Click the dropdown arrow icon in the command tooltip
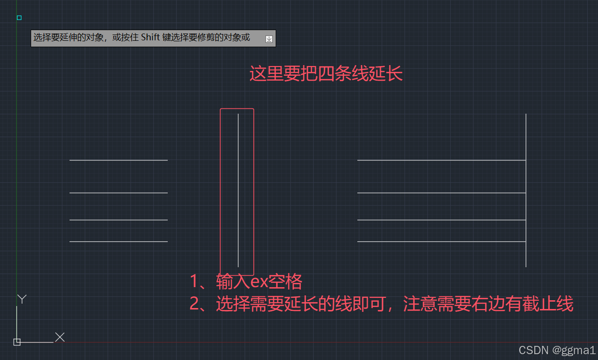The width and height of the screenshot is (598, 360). [x=269, y=39]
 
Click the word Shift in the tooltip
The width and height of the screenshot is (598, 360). [x=151, y=38]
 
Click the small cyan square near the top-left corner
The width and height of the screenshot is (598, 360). [x=19, y=18]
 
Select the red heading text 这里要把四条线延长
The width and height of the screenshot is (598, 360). [x=326, y=74]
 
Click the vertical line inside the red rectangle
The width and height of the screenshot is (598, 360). [x=238, y=189]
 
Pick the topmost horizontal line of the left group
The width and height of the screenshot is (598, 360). [x=118, y=160]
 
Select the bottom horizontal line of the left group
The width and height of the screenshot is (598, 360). [x=118, y=241]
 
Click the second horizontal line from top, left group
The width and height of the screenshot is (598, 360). [x=118, y=193]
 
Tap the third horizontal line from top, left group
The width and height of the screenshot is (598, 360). [x=118, y=220]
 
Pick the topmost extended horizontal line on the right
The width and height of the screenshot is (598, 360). [x=441, y=160]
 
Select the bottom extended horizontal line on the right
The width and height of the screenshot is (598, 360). [x=441, y=241]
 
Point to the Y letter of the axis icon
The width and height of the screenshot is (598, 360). [x=22, y=299]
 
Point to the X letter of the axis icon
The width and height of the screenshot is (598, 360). [x=60, y=337]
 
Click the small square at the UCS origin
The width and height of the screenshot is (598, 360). [x=17, y=342]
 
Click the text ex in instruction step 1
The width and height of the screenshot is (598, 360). [x=260, y=282]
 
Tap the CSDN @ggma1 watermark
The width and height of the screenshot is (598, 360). [x=557, y=350]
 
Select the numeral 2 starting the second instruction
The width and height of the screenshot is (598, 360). [x=195, y=305]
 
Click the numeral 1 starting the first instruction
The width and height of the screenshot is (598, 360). [x=195, y=282]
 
